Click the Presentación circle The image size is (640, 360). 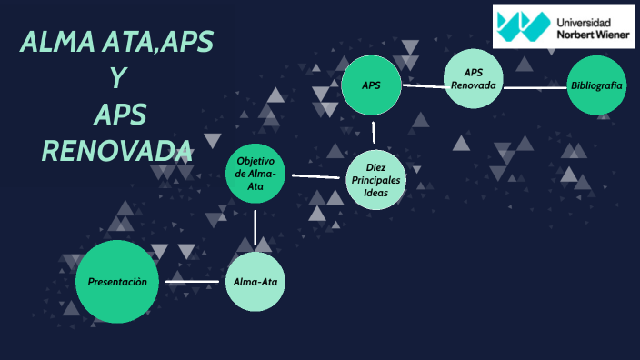[117, 282]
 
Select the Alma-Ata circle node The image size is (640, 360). [255, 282]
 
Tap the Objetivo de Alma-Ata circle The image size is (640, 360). [255, 174]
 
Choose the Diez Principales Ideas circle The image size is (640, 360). [375, 180]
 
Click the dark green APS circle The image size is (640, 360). [371, 85]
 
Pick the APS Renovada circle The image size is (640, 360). [473, 79]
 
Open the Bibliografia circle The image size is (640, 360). [596, 85]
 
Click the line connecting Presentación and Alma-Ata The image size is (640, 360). [193, 282]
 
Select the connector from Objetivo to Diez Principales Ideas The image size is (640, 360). [315, 176]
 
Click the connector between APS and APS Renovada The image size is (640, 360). [423, 86]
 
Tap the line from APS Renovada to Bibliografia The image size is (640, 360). [535, 88]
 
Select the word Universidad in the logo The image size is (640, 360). [583, 19]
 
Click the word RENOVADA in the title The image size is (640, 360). [117, 149]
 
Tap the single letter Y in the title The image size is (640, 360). [117, 78]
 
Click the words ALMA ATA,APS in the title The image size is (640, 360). [117, 42]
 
